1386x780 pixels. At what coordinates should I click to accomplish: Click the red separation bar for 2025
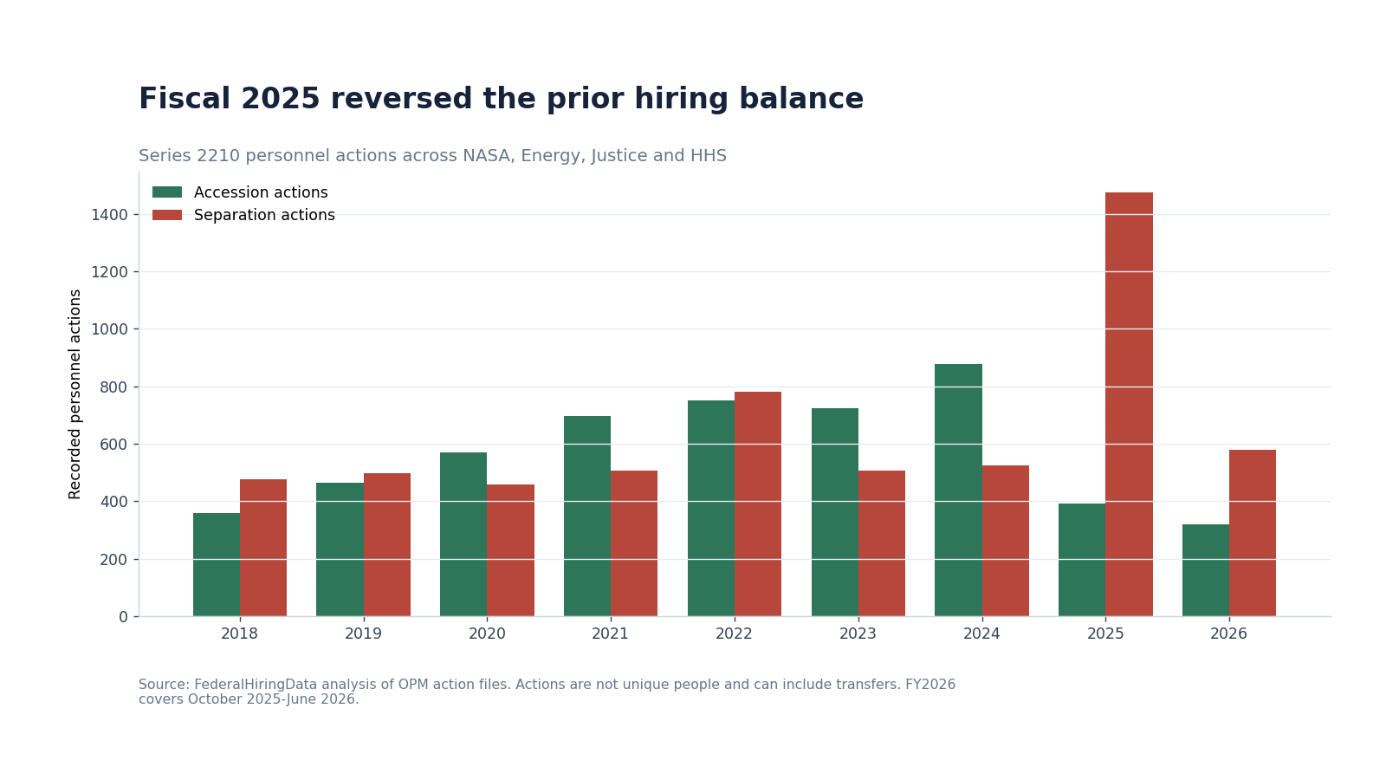(1129, 404)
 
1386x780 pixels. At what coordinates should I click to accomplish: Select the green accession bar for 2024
(958, 491)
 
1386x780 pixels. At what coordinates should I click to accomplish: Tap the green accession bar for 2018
(217, 564)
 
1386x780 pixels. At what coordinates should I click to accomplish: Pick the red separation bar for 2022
(758, 504)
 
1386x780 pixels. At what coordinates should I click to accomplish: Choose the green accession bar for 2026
(1206, 570)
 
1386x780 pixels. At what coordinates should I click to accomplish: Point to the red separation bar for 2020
(510, 550)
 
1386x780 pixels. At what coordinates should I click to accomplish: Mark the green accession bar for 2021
(587, 517)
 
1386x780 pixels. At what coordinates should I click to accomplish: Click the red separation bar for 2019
(386, 545)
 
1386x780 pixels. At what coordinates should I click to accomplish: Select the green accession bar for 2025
(1082, 560)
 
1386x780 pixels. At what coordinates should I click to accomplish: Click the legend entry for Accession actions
(240, 192)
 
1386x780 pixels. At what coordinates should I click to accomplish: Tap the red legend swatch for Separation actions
(167, 215)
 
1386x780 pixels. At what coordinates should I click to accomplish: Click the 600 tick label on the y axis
(113, 445)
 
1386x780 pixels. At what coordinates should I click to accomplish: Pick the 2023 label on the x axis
(858, 634)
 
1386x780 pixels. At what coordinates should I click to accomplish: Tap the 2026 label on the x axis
(1229, 634)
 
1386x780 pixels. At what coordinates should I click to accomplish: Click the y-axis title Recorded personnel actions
(74, 394)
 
